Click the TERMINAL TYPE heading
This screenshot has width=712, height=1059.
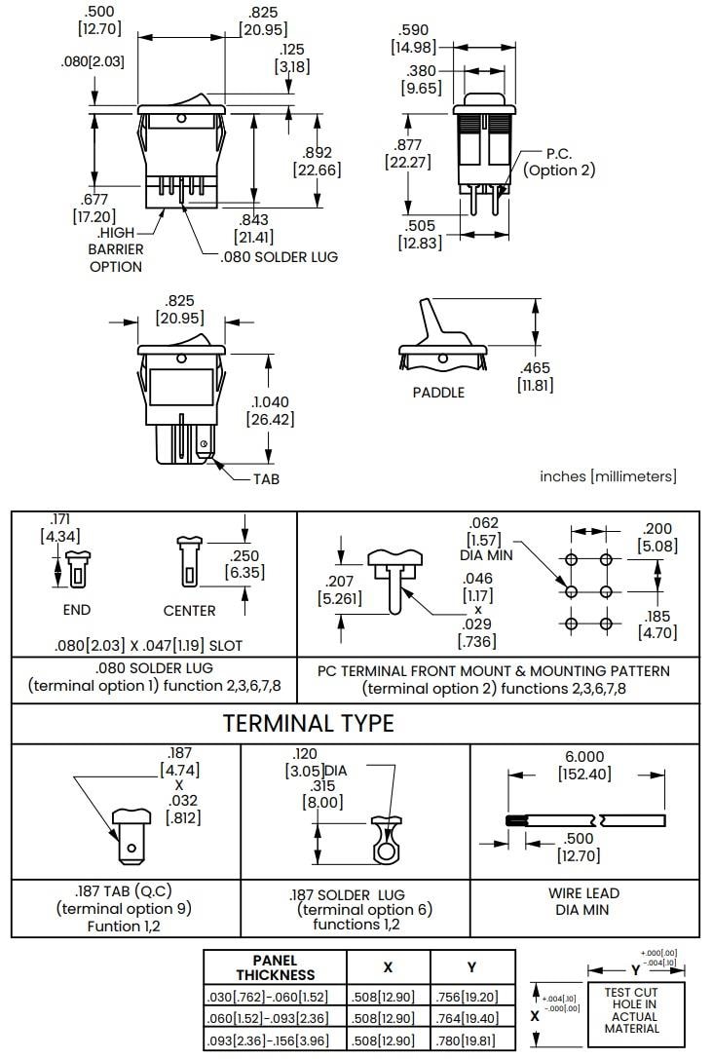tap(309, 723)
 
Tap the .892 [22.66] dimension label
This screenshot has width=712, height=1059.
tap(317, 161)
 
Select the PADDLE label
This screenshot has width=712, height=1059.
tap(438, 393)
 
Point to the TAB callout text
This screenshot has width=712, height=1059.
tap(266, 479)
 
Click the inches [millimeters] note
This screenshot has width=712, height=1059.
tap(608, 476)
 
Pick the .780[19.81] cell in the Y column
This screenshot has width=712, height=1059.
tap(472, 1040)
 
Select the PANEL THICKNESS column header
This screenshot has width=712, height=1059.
tap(275, 966)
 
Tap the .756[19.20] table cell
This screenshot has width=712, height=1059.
tap(472, 996)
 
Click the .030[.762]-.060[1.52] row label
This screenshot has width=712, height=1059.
tap(275, 996)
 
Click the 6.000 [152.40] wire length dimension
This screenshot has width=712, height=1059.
tap(584, 765)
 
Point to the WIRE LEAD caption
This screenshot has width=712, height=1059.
tap(584, 901)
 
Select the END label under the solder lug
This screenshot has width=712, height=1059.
tap(76, 610)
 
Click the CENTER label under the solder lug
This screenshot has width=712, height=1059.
tap(190, 610)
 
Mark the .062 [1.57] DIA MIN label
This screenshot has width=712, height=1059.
tap(484, 539)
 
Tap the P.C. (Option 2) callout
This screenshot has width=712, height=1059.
tap(558, 162)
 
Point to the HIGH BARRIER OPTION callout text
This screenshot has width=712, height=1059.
tap(116, 249)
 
